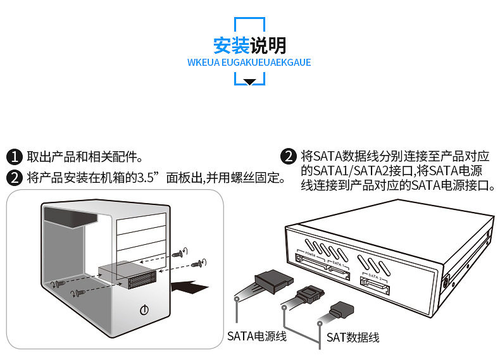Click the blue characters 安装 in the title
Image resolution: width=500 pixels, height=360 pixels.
tap(232, 46)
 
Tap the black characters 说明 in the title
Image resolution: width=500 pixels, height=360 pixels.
tap(268, 46)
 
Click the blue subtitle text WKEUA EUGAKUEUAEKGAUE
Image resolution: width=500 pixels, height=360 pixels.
tap(249, 63)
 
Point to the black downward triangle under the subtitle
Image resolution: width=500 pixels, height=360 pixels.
tap(250, 82)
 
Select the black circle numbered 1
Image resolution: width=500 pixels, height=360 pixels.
tap(15, 157)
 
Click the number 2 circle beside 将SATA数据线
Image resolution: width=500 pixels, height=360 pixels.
tap(289, 156)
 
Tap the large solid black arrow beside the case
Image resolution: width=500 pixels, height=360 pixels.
tap(192, 287)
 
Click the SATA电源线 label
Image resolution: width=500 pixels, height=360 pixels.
tap(257, 335)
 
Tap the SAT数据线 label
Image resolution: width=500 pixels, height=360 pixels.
tap(353, 337)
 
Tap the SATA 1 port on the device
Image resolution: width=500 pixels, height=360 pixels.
tap(339, 271)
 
